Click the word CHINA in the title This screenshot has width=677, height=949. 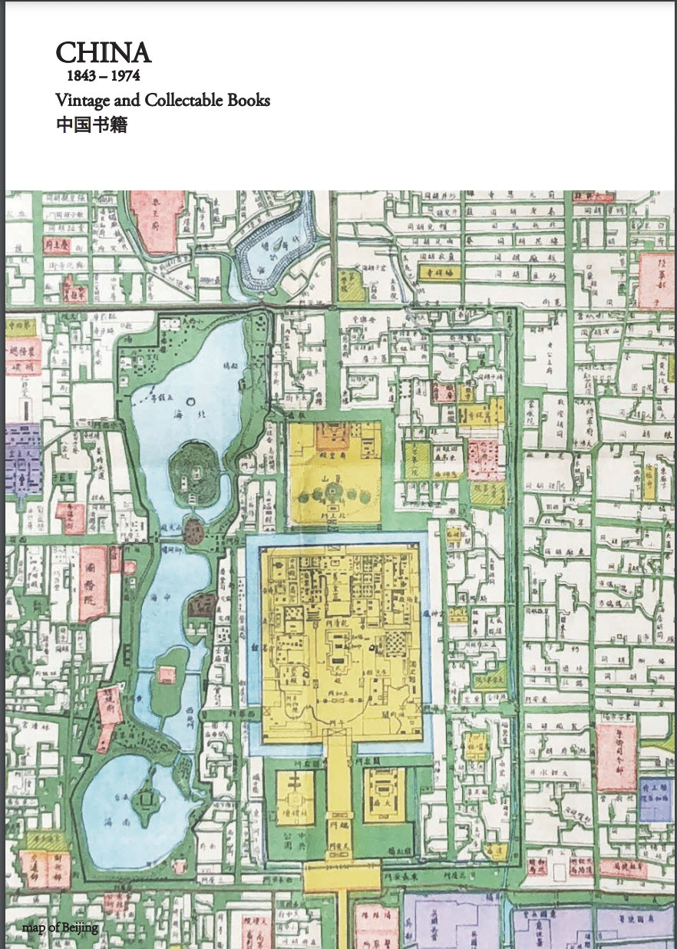click(103, 53)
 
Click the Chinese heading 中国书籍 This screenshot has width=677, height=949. click(91, 124)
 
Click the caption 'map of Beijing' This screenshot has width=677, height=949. click(60, 928)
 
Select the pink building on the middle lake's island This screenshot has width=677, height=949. click(166, 675)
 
